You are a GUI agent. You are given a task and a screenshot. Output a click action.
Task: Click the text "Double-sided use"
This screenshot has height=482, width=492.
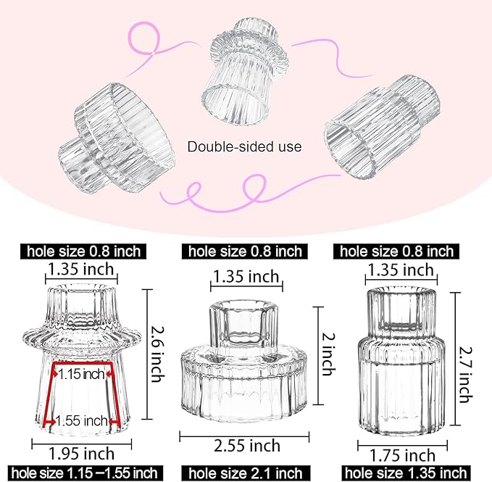tap(244, 146)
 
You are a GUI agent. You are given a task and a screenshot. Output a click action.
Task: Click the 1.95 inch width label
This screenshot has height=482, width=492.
tap(81, 454)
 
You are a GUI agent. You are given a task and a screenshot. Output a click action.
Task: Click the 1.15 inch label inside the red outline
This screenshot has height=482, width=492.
tap(82, 374)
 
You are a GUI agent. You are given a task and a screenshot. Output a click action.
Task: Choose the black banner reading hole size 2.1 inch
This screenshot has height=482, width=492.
tap(245, 474)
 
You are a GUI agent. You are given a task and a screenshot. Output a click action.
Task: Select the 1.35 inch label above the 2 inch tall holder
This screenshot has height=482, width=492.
tap(245, 276)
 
